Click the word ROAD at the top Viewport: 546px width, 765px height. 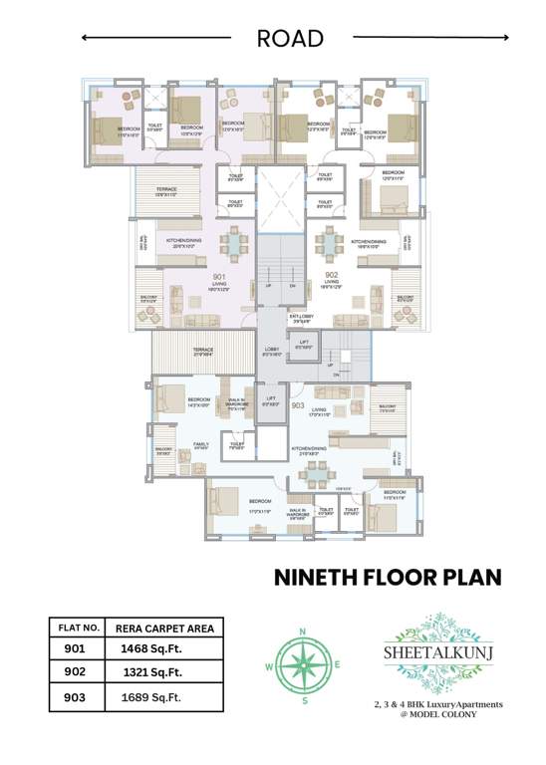[290, 39]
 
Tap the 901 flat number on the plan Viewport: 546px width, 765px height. [219, 276]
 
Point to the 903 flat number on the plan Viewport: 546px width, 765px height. [297, 406]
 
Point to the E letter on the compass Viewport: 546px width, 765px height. [338, 665]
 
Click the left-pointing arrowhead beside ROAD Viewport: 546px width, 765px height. [86, 38]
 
